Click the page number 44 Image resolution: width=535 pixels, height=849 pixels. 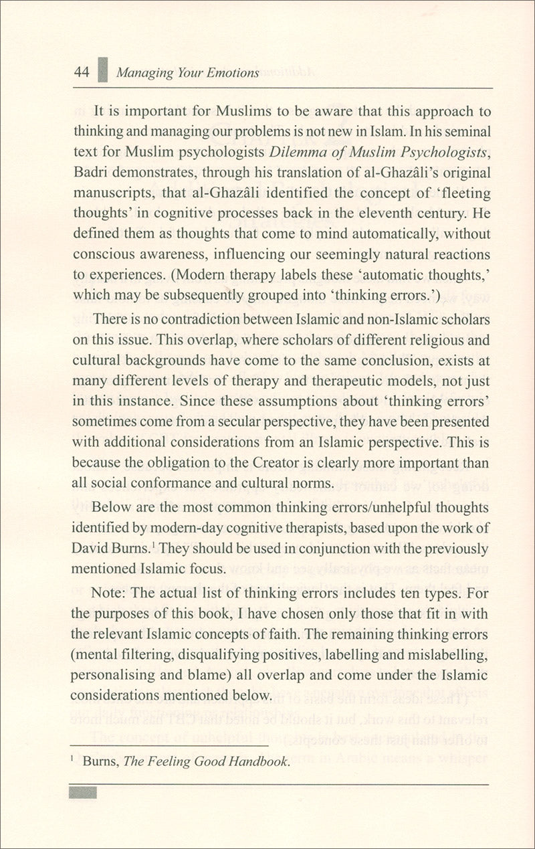(x=82, y=72)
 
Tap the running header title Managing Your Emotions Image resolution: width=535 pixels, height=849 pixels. (x=188, y=73)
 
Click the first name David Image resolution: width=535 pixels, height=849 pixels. (x=90, y=549)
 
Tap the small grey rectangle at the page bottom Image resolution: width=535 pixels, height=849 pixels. (x=83, y=792)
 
